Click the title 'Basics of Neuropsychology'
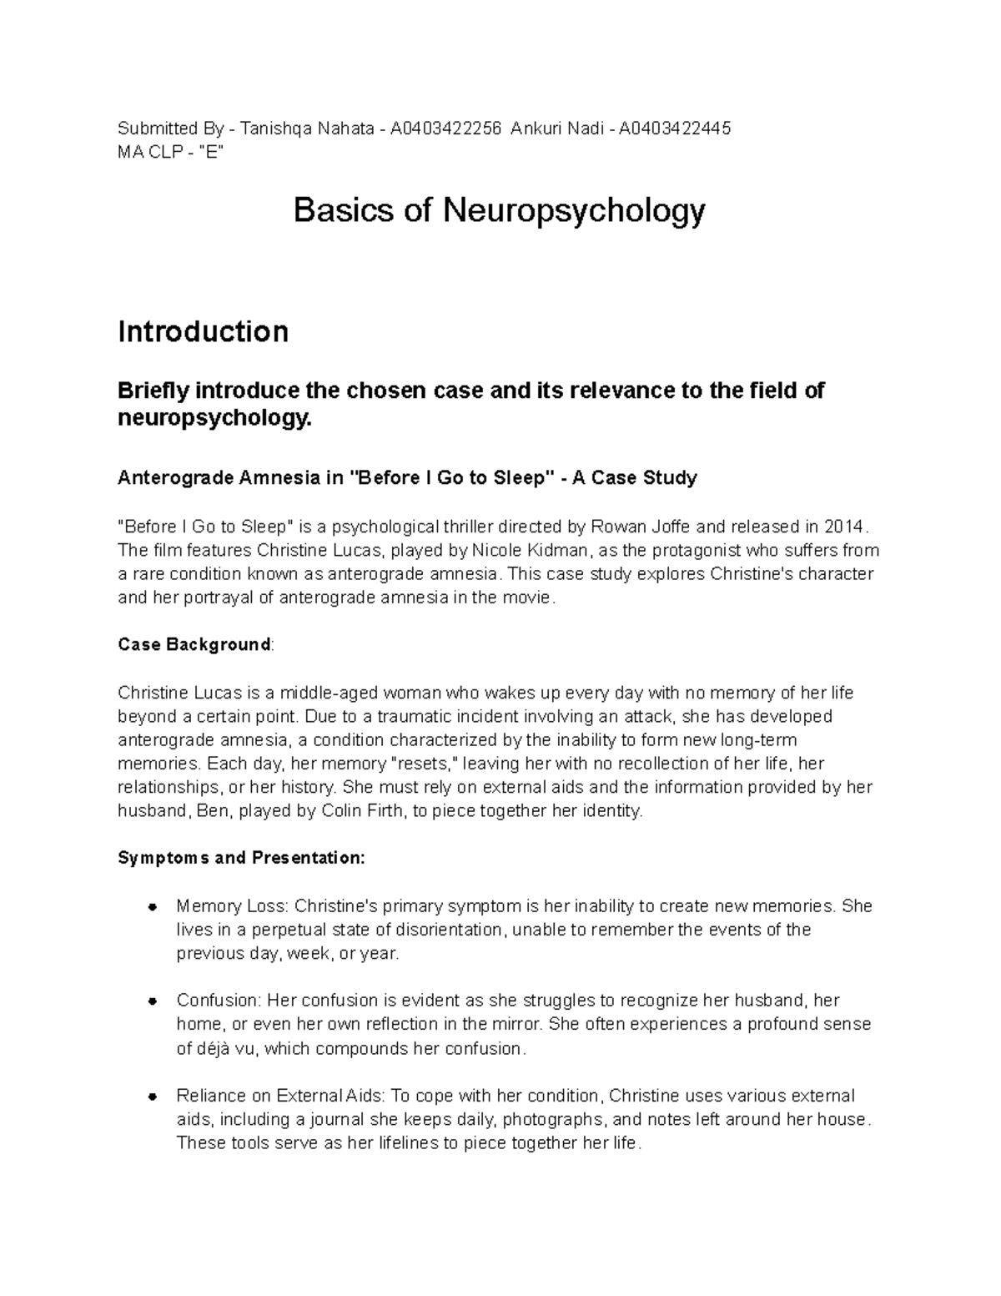(x=499, y=211)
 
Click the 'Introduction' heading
(x=203, y=331)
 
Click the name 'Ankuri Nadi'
(x=553, y=129)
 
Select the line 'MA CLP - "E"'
(x=171, y=152)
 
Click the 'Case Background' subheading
(x=194, y=644)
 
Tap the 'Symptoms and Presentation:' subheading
(x=241, y=858)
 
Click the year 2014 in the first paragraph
(x=845, y=527)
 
